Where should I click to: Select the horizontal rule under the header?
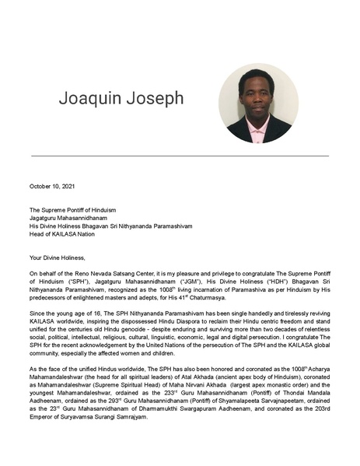(x=180, y=156)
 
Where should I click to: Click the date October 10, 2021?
(x=54, y=187)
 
